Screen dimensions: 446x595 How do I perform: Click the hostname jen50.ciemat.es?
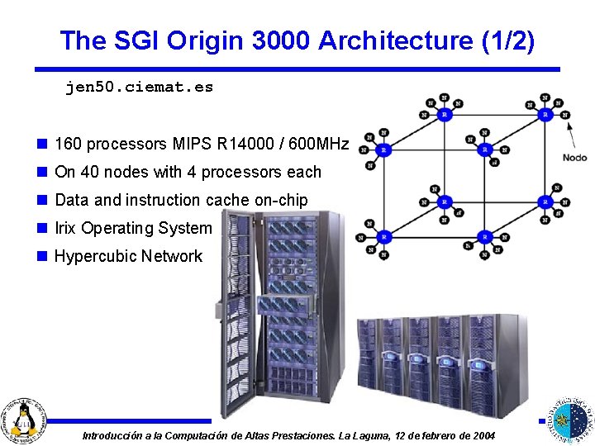pos(139,87)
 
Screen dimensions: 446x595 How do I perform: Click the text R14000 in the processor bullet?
pos(248,145)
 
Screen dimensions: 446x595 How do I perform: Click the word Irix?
pos(66,228)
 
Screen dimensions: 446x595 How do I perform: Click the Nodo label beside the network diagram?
pos(574,157)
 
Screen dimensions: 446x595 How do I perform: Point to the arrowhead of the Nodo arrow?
pos(569,126)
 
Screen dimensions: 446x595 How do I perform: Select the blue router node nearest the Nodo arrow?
pos(545,115)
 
